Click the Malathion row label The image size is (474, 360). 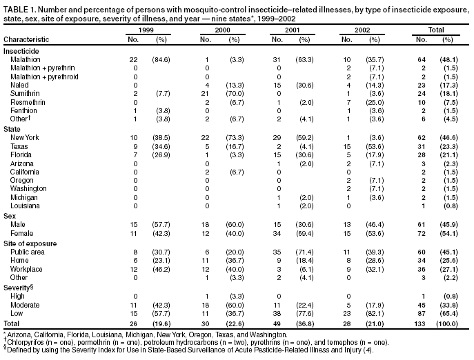[25, 60]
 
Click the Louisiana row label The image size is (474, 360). [24, 205]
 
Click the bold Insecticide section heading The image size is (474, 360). [21, 52]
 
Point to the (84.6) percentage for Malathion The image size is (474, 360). [162, 60]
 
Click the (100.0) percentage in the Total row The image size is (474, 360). [446, 324]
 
